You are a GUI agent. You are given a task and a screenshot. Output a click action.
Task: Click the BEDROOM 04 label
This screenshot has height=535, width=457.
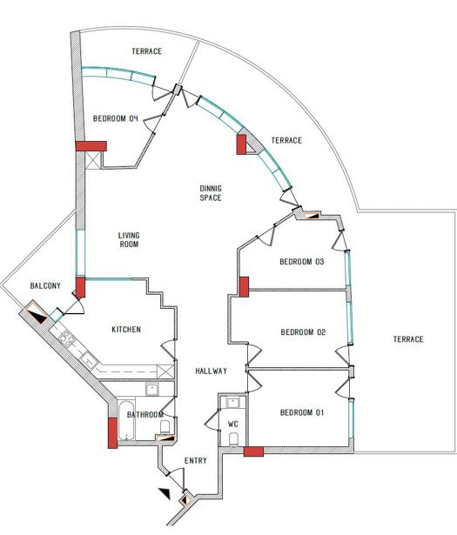pos(116,118)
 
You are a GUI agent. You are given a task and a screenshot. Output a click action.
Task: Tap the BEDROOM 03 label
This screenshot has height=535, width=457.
pos(302,262)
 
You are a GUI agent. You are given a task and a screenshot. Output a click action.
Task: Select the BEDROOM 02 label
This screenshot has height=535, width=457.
pos(303,332)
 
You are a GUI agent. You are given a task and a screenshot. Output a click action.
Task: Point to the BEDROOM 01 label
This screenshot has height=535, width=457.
pos(302,413)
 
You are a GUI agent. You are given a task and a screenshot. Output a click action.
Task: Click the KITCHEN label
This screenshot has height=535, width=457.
pos(126,329)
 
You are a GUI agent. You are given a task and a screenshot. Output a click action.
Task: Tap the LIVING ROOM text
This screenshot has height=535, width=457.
pos(129,240)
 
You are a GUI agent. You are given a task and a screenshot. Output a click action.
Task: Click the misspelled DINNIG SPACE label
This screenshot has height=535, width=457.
pos(211,193)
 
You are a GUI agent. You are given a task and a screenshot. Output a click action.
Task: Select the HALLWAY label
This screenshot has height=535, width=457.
pos(212,371)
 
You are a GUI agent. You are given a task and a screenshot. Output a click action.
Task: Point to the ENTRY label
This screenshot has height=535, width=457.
pos(196,460)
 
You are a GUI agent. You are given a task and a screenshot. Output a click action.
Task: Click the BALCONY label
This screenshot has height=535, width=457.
pos(45,285)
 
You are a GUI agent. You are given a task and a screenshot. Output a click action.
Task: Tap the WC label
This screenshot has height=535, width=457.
pos(233,425)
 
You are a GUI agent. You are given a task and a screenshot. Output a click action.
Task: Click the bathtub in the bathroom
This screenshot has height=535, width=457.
pos(126,420)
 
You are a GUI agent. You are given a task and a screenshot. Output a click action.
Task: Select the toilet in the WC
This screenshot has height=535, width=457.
pos(233,439)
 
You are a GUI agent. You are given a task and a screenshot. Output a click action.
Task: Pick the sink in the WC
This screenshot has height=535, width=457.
pos(233,403)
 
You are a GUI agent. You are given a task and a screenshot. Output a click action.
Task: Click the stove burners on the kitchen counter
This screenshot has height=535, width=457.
pos(66,338)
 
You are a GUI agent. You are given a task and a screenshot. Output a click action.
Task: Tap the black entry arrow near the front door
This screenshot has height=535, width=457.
pos(165,493)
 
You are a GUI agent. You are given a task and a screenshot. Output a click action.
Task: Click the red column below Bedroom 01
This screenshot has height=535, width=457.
pos(253,451)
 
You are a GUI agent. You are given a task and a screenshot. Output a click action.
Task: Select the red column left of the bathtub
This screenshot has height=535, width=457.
pos(112,432)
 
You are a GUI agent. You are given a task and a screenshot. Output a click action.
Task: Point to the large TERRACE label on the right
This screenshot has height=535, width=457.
pos(408,339)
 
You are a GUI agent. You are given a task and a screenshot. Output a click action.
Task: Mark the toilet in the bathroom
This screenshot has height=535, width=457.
pos(165,426)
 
